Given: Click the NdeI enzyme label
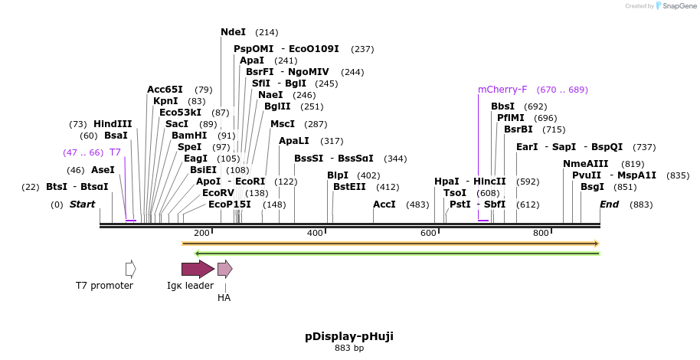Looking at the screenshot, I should pyautogui.click(x=233, y=32).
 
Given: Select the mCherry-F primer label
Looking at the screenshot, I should pyautogui.click(x=502, y=90).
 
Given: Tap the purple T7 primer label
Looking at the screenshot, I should pyautogui.click(x=115, y=152).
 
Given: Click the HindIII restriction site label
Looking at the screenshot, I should pyautogui.click(x=113, y=124).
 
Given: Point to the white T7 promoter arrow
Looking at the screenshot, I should pyautogui.click(x=131, y=269).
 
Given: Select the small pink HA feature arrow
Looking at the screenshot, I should pyautogui.click(x=224, y=269).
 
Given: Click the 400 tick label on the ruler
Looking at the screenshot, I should pyautogui.click(x=315, y=233).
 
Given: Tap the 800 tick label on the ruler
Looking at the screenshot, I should pyautogui.click(x=541, y=233).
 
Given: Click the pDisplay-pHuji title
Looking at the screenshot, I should pyautogui.click(x=349, y=336).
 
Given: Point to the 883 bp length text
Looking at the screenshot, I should pyautogui.click(x=349, y=348).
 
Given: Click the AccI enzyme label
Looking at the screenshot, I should pyautogui.click(x=384, y=205).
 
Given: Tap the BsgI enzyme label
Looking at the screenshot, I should pyautogui.click(x=592, y=186).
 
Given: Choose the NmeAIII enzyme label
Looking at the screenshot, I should pyautogui.click(x=585, y=164).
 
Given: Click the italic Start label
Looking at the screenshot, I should pyautogui.click(x=82, y=205).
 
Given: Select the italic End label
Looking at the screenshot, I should pyautogui.click(x=609, y=205).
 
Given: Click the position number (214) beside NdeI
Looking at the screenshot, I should pyautogui.click(x=267, y=32).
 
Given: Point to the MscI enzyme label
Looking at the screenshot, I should pyautogui.click(x=282, y=124).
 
